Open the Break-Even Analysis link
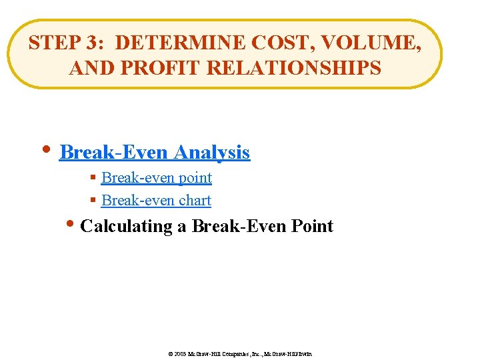coord(155,153)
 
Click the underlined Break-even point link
coord(157,178)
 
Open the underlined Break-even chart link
coord(156,201)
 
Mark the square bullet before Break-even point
coord(94,179)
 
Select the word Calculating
coord(126,227)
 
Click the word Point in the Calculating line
coord(312,226)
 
